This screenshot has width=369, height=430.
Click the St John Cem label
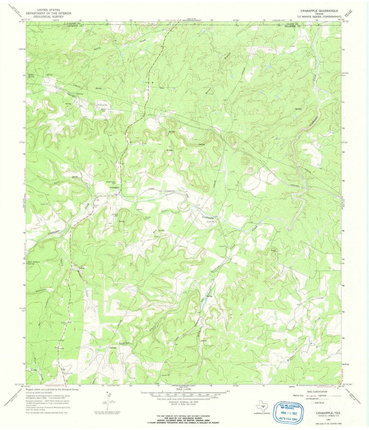click(148, 218)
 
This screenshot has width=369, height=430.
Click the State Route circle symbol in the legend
click(312, 403)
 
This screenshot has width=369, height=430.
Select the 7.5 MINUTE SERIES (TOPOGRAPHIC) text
click(319, 16)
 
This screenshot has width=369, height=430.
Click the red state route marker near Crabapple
click(97, 199)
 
